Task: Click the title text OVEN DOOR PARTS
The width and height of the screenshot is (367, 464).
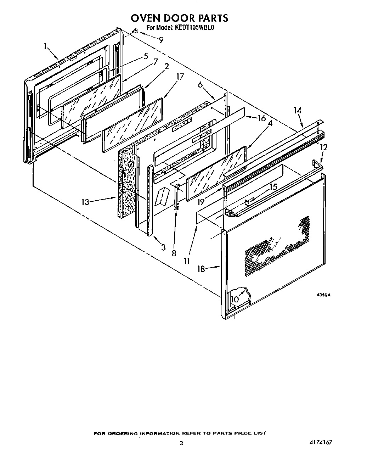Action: pyautogui.click(x=179, y=18)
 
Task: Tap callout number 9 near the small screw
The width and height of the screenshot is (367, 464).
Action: pyautogui.click(x=161, y=40)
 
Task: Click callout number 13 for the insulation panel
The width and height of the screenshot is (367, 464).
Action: pyautogui.click(x=85, y=202)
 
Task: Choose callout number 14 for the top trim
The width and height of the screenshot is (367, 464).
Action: pyautogui.click(x=297, y=111)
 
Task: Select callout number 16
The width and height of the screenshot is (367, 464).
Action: pyautogui.click(x=261, y=118)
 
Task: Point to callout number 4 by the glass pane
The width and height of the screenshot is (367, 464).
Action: pyautogui.click(x=270, y=124)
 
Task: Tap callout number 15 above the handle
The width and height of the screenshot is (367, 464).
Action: pyautogui.click(x=273, y=186)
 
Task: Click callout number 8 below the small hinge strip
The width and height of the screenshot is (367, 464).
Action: pyautogui.click(x=174, y=253)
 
